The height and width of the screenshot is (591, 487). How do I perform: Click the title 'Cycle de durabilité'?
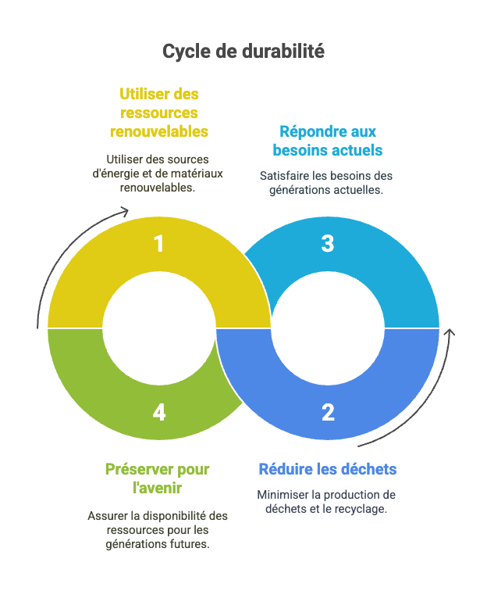coord(243,52)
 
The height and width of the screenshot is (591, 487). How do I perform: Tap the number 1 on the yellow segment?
coord(159,244)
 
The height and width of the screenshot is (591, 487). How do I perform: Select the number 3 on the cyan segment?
coord(328,244)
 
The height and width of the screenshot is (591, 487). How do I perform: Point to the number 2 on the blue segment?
coord(328,412)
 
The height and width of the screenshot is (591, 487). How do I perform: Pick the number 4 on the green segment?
coord(159,412)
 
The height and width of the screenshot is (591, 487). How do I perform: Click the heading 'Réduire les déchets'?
coord(328,469)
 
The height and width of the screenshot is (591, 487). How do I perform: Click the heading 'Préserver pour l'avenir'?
coord(157,478)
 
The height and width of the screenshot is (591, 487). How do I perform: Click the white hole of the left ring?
coord(159,328)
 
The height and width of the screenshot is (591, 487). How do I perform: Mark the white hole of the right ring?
coord(328,328)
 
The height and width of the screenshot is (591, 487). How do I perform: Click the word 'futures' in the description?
coord(190,543)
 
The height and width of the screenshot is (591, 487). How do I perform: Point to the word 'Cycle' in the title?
coord(183,52)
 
